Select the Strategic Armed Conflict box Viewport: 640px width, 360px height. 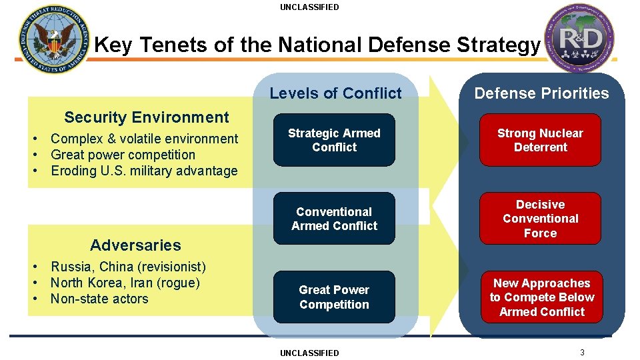pyautogui.click(x=334, y=140)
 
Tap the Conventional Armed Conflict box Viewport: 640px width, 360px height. pyautogui.click(x=334, y=219)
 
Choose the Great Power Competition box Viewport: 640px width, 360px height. pyautogui.click(x=334, y=297)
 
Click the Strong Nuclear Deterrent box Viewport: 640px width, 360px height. pyautogui.click(x=540, y=140)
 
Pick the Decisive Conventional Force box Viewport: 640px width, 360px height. pyautogui.click(x=540, y=219)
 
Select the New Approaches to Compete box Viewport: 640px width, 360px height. pyautogui.click(x=541, y=297)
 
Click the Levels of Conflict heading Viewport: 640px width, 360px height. pyautogui.click(x=335, y=93)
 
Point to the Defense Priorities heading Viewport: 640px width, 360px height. pyautogui.click(x=541, y=93)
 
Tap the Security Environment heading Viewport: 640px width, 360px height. pyautogui.click(x=146, y=117)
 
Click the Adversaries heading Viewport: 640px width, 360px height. pyautogui.click(x=135, y=245)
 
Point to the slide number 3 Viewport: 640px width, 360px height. pyautogui.click(x=582, y=352)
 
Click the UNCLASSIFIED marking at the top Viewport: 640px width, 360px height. pyautogui.click(x=309, y=7)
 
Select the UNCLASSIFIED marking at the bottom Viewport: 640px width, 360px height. pyautogui.click(x=309, y=353)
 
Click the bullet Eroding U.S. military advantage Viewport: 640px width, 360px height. pyautogui.click(x=144, y=171)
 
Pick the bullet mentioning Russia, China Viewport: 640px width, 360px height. pyautogui.click(x=128, y=267)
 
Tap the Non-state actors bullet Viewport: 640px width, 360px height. pyautogui.click(x=99, y=299)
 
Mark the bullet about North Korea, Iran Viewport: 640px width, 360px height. pyautogui.click(x=125, y=283)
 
